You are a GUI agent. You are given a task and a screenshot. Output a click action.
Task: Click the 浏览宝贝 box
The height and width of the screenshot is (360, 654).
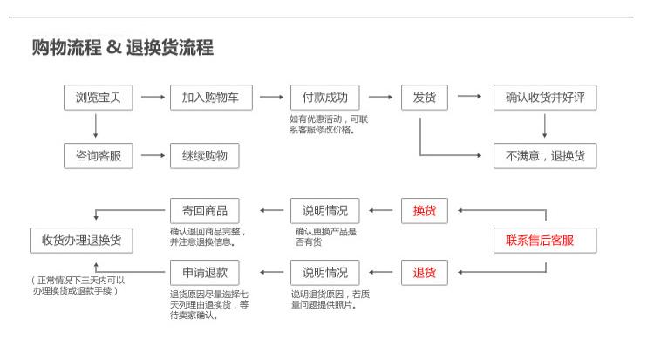(99, 98)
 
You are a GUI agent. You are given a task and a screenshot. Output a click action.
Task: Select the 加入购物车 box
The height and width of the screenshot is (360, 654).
(211, 98)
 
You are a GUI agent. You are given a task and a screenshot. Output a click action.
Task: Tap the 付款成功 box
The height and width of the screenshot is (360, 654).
(325, 98)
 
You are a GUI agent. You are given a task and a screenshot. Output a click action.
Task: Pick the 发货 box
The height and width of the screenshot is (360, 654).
(425, 98)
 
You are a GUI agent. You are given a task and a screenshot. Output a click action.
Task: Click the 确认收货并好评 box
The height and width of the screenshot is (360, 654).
(545, 98)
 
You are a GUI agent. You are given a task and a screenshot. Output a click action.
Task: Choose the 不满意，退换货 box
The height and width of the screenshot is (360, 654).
(545, 156)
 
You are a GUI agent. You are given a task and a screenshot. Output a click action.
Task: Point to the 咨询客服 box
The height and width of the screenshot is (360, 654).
(99, 156)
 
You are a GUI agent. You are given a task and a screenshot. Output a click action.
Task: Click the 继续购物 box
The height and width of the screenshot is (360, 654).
(205, 156)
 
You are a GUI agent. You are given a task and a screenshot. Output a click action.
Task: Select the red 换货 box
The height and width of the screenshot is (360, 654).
(425, 211)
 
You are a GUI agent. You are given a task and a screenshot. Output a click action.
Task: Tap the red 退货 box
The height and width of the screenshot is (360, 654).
(425, 273)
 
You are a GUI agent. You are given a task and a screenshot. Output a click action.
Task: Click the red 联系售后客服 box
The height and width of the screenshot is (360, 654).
(545, 241)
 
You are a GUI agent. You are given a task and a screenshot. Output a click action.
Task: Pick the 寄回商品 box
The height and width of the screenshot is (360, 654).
(205, 211)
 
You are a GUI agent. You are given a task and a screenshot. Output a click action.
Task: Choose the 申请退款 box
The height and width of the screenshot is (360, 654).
(205, 273)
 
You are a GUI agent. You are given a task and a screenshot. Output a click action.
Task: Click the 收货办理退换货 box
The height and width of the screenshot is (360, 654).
(81, 241)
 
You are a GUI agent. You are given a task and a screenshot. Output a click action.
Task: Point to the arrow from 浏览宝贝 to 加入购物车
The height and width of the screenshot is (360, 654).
(153, 97)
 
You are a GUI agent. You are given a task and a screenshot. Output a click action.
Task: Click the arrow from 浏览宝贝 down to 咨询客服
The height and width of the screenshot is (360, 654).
(96, 126)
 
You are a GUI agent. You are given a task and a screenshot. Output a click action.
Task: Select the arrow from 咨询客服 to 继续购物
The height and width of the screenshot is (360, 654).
(153, 156)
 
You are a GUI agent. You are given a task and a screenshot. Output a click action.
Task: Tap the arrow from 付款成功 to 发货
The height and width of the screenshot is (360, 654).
(380, 97)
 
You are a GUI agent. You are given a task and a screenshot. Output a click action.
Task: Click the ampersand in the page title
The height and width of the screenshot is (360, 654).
(114, 47)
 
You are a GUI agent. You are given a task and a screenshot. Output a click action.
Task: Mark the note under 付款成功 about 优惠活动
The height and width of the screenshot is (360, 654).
(329, 125)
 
